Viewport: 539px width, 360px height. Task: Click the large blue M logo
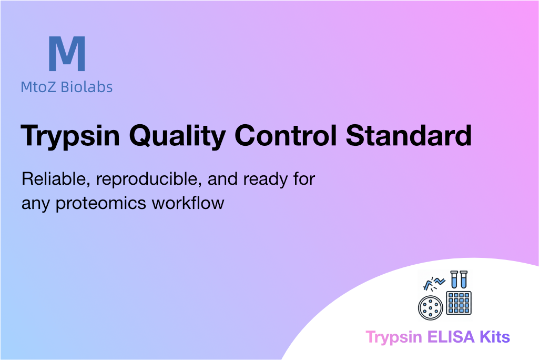(67, 54)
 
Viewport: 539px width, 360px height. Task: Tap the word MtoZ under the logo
(38, 87)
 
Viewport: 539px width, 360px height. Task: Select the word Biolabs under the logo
(87, 87)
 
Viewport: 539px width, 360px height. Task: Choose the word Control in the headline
(286, 135)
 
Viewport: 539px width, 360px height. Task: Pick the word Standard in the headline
(409, 135)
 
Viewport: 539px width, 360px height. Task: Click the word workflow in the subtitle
(188, 203)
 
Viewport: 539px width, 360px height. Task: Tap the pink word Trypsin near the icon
(394, 337)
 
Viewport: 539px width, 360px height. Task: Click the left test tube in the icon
(454, 279)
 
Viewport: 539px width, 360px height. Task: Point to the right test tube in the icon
(463, 279)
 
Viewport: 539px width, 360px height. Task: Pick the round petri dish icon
(430, 308)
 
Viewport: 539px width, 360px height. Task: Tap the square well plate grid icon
(459, 303)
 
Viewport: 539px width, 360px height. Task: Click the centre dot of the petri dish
(430, 308)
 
